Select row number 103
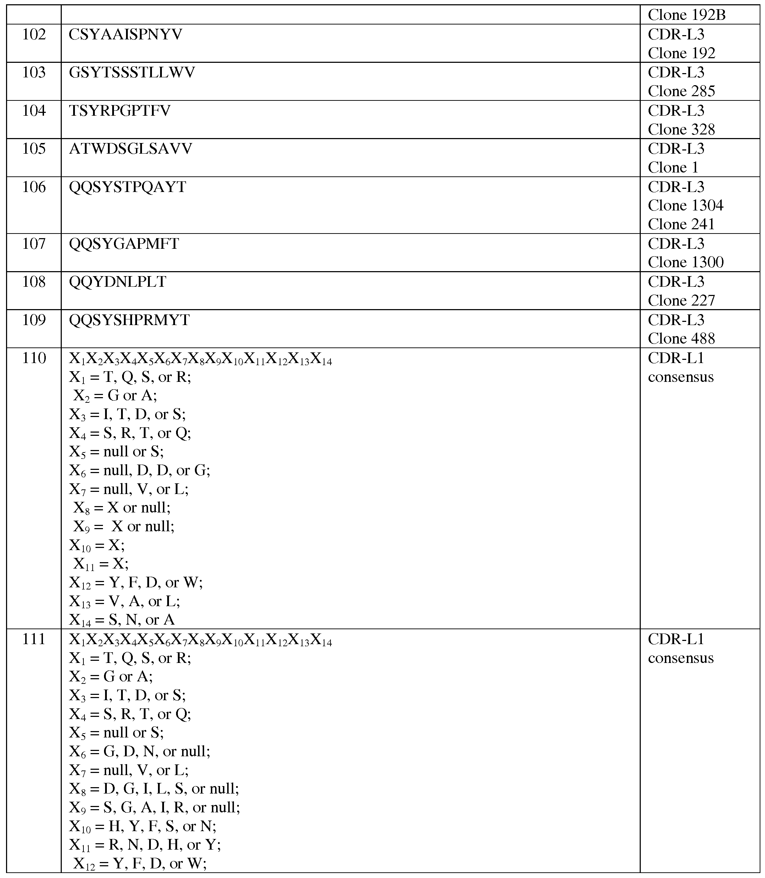[34, 72]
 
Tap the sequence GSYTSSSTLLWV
[132, 72]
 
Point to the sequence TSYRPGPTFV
[120, 111]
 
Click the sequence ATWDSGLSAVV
[131, 149]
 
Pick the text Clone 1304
[685, 206]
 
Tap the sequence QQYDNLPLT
[118, 282]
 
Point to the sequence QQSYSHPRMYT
[129, 320]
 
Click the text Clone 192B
[687, 15]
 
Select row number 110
[34, 358]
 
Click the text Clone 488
[681, 339]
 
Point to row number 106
[34, 187]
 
